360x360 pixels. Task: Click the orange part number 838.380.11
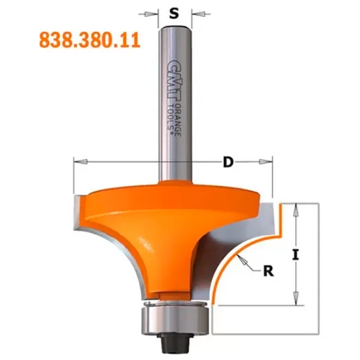click(x=90, y=40)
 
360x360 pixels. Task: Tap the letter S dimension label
click(x=174, y=14)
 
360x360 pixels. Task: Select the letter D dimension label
click(x=228, y=163)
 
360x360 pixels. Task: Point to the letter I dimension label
click(x=296, y=255)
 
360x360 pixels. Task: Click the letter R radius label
click(x=268, y=271)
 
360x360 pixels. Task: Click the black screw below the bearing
click(x=175, y=343)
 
